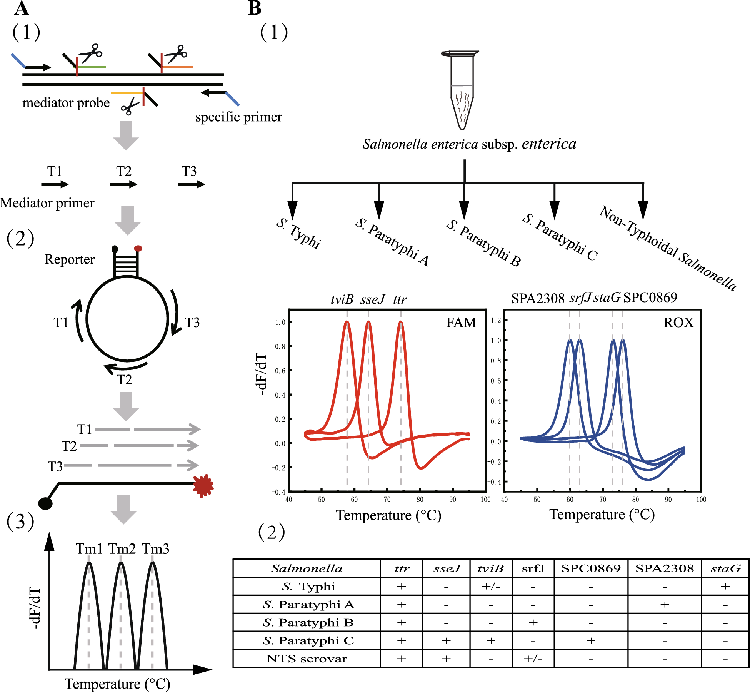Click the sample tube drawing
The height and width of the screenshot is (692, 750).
pos(461,91)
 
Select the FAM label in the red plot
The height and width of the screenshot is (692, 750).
pos(461,323)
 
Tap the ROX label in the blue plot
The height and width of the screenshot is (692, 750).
pos(678,323)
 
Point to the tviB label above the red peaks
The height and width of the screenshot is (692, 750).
pos(342,299)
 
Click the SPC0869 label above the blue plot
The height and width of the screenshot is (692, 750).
pos(650,298)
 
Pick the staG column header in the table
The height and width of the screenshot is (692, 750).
pos(725,568)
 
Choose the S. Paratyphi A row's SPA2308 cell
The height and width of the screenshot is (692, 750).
pos(665,605)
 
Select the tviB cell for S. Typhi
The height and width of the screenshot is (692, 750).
pos(491,587)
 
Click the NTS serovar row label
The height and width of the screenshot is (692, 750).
pos(307,659)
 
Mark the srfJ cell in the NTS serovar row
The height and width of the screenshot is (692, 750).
pos(533,659)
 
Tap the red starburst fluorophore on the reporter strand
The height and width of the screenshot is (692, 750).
pos(203,486)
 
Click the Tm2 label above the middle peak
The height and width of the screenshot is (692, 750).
pos(122,549)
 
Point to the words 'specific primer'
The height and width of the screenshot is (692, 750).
pos(238,117)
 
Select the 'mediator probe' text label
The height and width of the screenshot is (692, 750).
pos(66,103)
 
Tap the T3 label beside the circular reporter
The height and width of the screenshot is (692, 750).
pos(192,322)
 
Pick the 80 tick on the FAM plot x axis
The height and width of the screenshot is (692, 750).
pos(420,500)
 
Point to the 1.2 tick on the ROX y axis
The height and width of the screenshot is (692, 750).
pos(496,321)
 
